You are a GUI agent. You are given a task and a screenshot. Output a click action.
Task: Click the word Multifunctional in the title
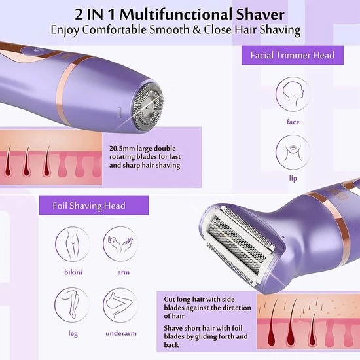tap(176, 14)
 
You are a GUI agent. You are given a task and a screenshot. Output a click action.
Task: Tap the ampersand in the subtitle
tap(197, 30)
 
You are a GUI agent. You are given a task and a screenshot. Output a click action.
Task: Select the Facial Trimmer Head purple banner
tap(293, 56)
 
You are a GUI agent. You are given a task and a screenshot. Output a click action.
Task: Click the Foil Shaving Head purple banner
tap(94, 206)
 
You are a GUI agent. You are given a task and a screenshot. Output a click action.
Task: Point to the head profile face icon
tap(293, 94)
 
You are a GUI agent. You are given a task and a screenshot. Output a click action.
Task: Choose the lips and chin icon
tap(293, 153)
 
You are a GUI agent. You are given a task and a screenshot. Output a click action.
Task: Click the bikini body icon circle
tap(72, 244)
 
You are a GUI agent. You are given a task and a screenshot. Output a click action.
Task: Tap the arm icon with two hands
tap(120, 244)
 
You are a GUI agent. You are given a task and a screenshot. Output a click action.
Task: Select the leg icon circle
tap(72, 305)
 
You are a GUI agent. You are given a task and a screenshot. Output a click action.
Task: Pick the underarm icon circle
tap(120, 305)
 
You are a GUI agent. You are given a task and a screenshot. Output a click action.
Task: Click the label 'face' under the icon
tap(293, 122)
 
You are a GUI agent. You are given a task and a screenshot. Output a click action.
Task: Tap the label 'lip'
tap(293, 179)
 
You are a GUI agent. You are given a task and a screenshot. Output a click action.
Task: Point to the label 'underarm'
tap(121, 333)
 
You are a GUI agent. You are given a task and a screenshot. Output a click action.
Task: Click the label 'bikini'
tap(73, 272)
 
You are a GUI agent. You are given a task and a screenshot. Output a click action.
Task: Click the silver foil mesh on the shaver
tap(238, 244)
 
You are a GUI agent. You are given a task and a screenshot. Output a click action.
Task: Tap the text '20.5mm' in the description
tap(122, 149)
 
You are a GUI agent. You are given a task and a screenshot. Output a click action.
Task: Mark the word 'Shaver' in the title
tap(260, 14)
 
